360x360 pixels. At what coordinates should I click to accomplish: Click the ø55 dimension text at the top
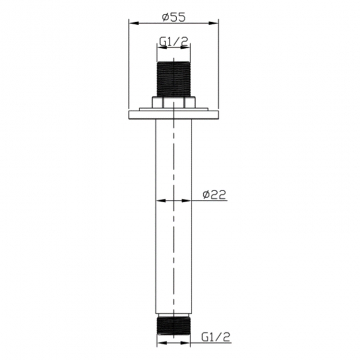173,17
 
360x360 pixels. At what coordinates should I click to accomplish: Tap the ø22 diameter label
214,194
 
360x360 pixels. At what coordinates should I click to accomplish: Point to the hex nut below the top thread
174,103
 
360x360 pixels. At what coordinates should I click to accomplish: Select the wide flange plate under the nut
174,115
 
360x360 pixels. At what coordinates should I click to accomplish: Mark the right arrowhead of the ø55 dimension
215,23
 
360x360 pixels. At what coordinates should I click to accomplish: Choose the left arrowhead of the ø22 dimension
161,200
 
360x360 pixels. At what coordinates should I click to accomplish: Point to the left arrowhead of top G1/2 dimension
161,48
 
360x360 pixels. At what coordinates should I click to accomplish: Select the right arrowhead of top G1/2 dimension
187,48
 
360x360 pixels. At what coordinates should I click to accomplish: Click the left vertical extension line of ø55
129,66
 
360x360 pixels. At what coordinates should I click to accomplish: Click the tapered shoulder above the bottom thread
174,314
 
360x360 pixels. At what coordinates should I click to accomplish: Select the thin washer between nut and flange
174,110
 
